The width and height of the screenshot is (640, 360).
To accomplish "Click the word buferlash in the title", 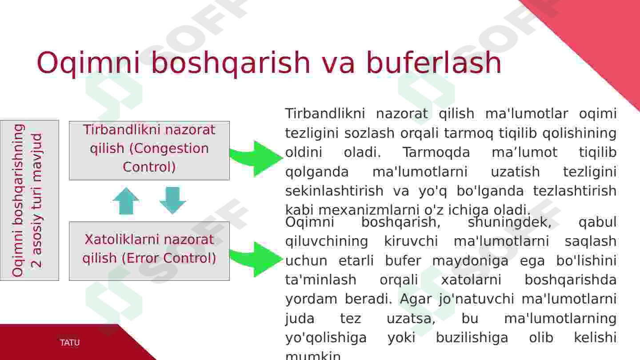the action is coord(434,62).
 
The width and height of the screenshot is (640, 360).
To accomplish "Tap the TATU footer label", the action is coord(70,342).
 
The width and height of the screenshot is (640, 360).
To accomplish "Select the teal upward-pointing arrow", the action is coord(126,201).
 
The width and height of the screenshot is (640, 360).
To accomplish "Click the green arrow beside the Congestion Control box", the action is coord(256,159).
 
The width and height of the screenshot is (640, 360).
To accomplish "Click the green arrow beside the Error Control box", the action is coord(256,259).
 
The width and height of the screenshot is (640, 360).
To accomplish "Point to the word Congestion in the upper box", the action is coord(169,149).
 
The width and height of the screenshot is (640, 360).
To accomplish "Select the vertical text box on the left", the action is coord(29,200).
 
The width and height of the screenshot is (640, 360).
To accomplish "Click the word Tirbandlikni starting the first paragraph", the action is coord(325,113).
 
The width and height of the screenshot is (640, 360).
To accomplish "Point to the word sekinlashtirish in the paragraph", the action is coord(334,191).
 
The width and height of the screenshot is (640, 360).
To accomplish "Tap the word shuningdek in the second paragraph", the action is coord(510,222).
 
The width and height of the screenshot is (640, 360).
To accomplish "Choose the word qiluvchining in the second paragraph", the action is coord(327,242).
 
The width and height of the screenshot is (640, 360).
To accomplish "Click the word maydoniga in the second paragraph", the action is coord(470,261).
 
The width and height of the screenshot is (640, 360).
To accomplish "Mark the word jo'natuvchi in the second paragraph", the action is coord(476,299).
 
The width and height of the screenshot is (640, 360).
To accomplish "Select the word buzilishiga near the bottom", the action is coord(472,338).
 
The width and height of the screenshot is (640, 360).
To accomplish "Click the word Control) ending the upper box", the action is coord(149,167).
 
